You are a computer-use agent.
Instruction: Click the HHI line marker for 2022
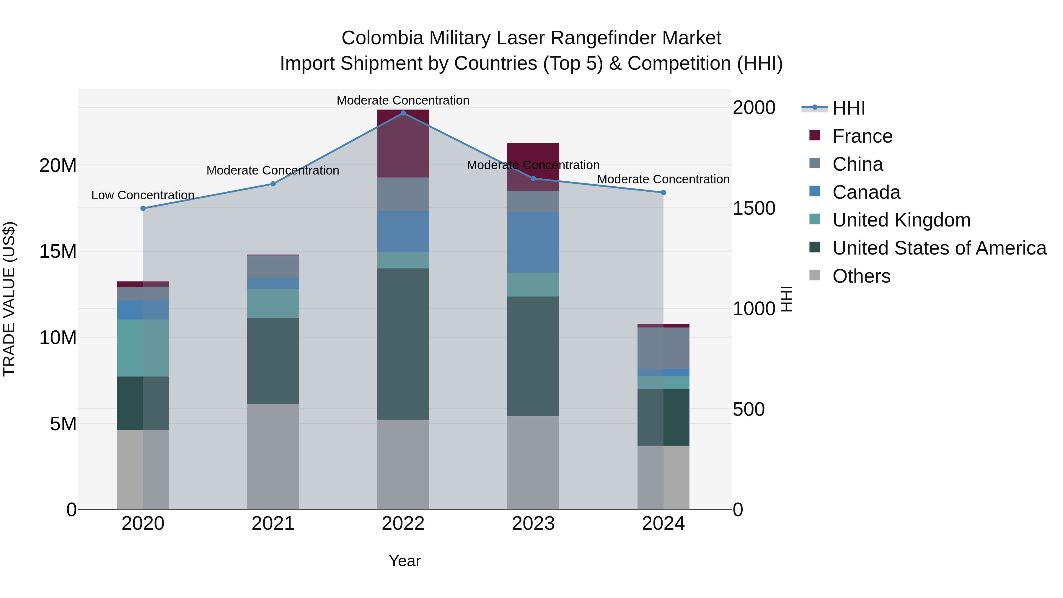click(403, 113)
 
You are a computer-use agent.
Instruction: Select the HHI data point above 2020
click(143, 208)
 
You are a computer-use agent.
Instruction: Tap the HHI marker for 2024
click(663, 192)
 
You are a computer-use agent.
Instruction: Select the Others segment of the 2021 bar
click(273, 456)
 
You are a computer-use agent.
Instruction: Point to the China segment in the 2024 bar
click(663, 348)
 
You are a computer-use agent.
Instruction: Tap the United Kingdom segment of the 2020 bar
click(143, 348)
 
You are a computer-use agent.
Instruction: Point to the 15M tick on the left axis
click(58, 251)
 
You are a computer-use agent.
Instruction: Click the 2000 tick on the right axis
click(754, 108)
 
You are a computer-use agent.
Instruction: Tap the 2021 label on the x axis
click(273, 524)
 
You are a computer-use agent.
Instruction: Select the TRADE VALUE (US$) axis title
click(9, 299)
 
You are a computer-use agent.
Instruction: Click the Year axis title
click(405, 561)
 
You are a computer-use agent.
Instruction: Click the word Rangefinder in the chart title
click(604, 38)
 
